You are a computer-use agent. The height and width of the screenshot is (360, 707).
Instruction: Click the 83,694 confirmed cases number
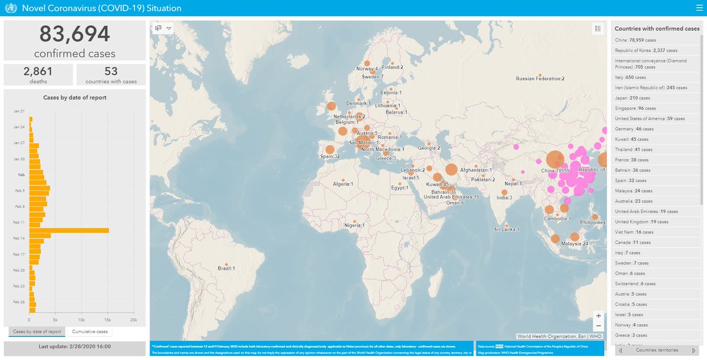[74, 35]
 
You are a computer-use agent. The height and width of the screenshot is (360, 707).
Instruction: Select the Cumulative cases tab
[90, 332]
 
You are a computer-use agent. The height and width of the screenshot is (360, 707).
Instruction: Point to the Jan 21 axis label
[18, 111]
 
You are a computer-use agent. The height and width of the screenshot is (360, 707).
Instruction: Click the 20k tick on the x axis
[133, 321]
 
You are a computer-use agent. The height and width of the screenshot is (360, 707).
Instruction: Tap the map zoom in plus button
[599, 315]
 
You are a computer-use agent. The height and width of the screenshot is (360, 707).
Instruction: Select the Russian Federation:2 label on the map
[540, 78]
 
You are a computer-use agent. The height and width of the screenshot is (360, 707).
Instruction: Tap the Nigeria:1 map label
[355, 225]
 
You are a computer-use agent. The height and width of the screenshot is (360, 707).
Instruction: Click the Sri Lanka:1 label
[506, 229]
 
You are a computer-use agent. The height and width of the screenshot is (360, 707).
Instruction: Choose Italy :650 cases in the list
[630, 77]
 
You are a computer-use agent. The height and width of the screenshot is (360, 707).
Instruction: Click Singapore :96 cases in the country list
[635, 108]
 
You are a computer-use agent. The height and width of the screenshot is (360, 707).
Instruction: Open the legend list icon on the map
[597, 28]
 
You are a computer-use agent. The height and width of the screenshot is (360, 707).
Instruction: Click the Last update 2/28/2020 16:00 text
[74, 346]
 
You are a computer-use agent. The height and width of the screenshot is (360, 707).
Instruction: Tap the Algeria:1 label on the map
[342, 184]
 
